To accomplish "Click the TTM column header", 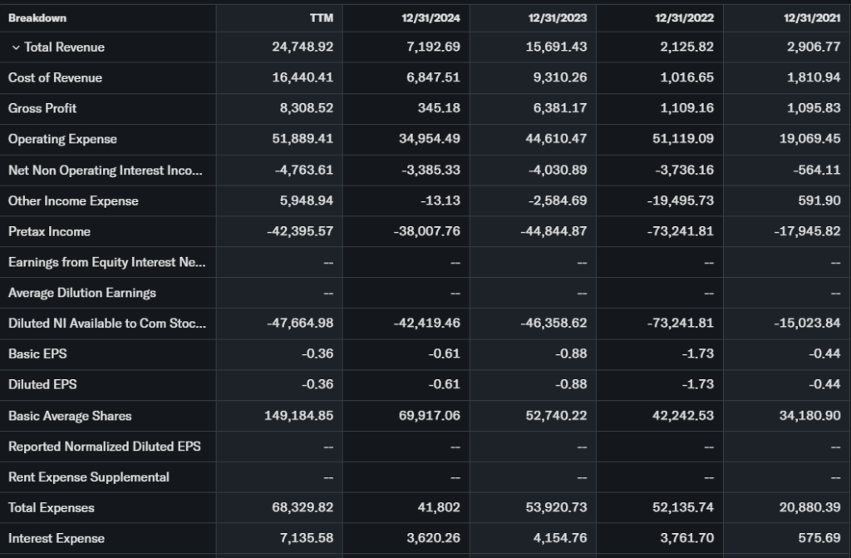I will pos(321,17).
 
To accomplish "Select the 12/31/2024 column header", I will pos(432,17).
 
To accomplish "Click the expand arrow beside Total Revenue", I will pos(16,47).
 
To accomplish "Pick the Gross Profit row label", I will pos(42,108).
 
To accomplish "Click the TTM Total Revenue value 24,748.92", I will pos(303,47).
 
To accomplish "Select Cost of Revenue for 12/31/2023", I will pos(557,78).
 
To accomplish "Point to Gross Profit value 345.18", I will pos(439,108).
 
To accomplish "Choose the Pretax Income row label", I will pos(49,231).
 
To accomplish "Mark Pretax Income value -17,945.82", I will pos(806,231).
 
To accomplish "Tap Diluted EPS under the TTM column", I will pos(318,384).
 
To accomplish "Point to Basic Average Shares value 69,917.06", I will pos(429,416).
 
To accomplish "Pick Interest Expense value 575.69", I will pos(819,538).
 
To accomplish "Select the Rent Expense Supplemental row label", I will pos(89,477).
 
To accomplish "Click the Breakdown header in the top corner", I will pos(37,17).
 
